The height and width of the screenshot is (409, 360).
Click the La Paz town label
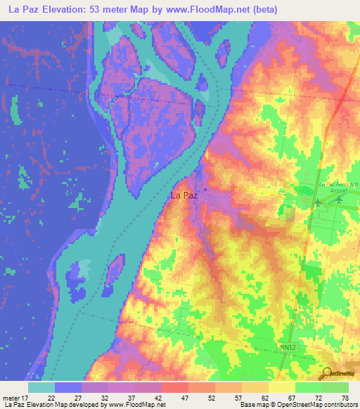tap(184, 197)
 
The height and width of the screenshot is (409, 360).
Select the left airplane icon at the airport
tap(317, 202)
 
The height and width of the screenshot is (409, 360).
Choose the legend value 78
tap(345, 398)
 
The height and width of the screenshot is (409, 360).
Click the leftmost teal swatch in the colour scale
tap(41, 387)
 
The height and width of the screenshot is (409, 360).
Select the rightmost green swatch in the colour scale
tap(335, 387)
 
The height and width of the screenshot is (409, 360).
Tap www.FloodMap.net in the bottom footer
tap(134, 405)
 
